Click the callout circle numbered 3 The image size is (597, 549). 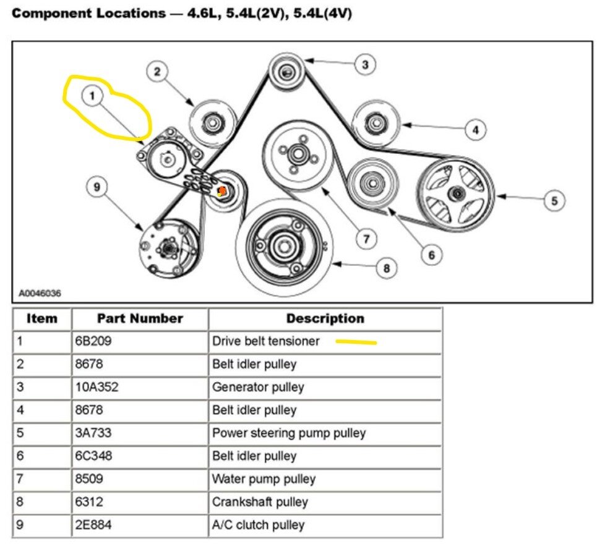[x=365, y=64]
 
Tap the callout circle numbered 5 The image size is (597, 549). [x=554, y=200]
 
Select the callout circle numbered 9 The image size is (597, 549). [x=97, y=187]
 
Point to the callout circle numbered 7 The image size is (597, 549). [x=366, y=238]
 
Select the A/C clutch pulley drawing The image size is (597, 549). [x=168, y=248]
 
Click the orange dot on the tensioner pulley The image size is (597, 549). [x=221, y=191]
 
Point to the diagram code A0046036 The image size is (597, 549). [x=40, y=293]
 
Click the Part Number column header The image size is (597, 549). [x=140, y=319]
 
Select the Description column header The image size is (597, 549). [x=325, y=319]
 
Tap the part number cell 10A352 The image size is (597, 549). [x=97, y=388]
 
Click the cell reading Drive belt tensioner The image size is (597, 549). [x=266, y=341]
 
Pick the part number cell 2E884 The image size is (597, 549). [x=94, y=526]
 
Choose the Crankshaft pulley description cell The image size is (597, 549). [x=260, y=502]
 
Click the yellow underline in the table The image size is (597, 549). [x=356, y=341]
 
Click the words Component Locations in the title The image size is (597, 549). [x=84, y=14]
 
